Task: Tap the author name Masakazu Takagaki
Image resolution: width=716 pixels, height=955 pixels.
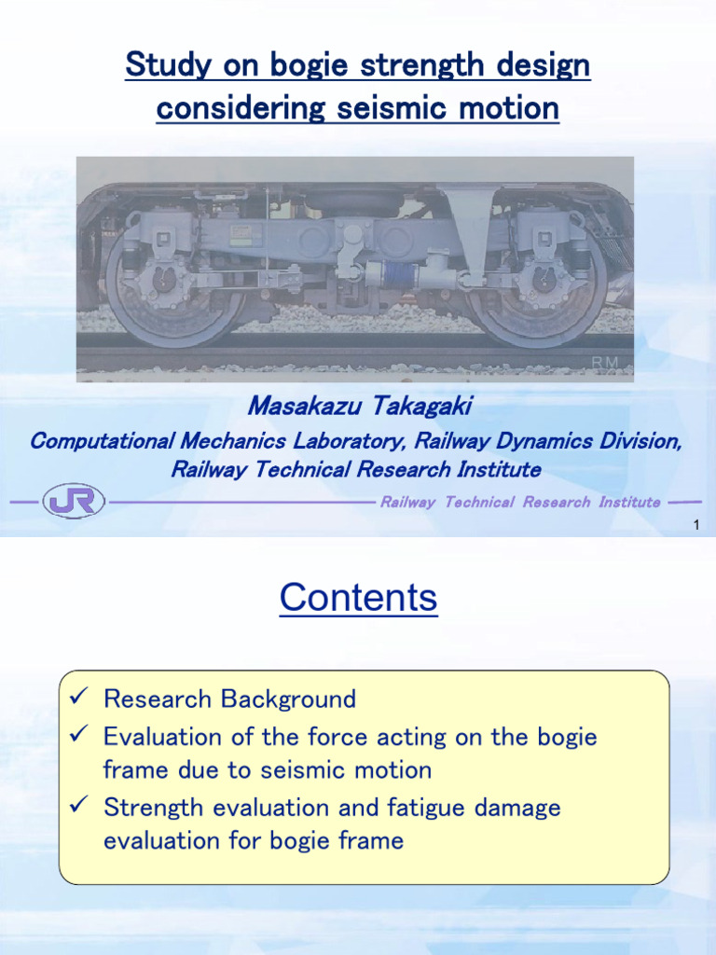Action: coord(360,406)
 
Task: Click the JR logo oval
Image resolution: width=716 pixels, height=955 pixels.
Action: coord(74,502)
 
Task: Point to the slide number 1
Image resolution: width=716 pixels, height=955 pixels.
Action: coord(696,527)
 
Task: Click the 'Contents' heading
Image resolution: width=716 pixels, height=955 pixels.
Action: coord(358,598)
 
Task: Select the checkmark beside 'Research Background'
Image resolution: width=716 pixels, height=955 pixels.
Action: coord(79,699)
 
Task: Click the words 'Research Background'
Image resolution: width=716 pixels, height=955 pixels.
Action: coord(229,699)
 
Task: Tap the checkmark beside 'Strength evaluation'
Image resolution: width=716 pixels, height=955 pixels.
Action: coord(79,807)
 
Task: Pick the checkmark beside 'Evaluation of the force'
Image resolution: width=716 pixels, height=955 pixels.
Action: coord(79,737)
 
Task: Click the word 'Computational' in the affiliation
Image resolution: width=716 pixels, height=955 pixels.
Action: coord(97,441)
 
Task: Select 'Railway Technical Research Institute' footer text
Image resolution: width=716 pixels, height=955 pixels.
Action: coord(520,502)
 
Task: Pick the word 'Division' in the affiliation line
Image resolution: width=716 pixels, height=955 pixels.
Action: coord(640,441)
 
